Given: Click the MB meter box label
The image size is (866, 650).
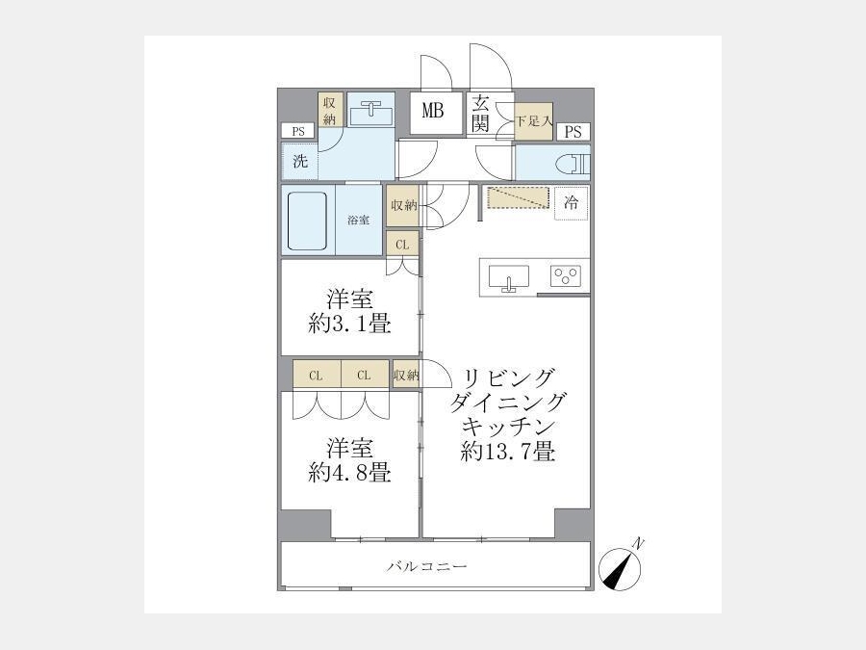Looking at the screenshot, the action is coord(432,111).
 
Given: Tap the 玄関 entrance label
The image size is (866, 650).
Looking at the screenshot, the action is coord(481,114).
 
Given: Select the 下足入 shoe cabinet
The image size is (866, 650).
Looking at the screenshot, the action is coord(533,120).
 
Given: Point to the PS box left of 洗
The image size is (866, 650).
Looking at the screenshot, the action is coord(298,132).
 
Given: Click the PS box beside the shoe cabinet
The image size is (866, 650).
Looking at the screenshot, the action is coord(573,132).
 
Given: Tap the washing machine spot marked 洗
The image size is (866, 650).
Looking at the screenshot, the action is coord(300,162).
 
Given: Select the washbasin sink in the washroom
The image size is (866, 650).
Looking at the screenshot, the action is coord(370,114).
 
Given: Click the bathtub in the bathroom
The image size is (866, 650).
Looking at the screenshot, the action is coord(308,221).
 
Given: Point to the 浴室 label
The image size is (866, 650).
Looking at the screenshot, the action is coord(359,220).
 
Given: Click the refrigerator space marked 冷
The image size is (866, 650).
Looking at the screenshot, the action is coord(571,203).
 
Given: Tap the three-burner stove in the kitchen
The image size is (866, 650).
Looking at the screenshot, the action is coord(565,275).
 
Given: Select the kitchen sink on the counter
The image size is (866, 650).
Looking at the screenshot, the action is coord(509,277).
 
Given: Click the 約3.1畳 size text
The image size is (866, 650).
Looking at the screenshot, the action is coord(349,324).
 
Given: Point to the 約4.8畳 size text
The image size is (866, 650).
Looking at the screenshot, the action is coord(349,473).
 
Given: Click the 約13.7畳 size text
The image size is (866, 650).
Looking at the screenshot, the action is coord(507,453).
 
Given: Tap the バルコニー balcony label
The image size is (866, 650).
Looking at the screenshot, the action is coord(427,566).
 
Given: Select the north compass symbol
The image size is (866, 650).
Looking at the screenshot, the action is coord(621,567).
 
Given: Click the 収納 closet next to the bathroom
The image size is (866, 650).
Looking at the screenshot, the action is coord(402,206).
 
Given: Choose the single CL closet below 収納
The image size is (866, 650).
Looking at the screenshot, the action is coord(402,245).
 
